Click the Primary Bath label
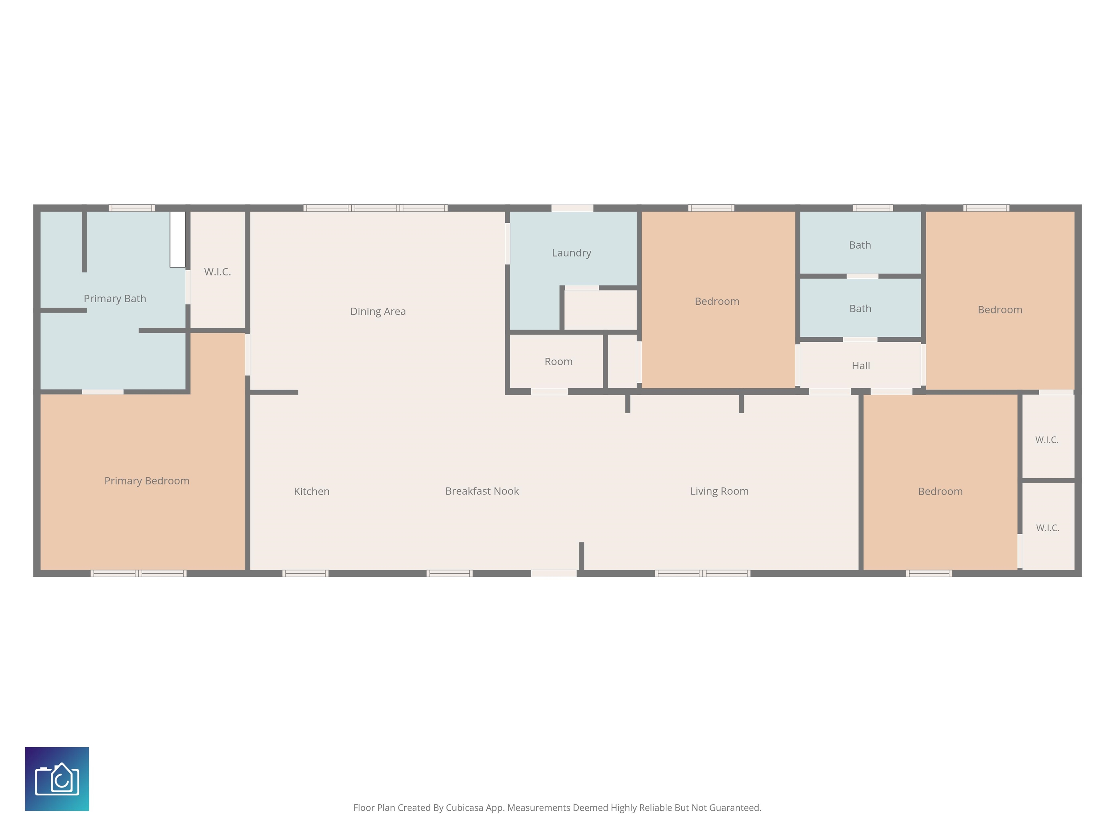tap(115, 298)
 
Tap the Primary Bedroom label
tap(147, 481)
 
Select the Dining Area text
tap(378, 311)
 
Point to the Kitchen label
tap(311, 491)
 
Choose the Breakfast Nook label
tap(482, 491)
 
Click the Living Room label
tap(719, 491)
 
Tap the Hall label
tap(861, 366)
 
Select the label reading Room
tap(559, 361)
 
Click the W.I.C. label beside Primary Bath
tap(217, 272)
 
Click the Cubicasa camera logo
tap(57, 779)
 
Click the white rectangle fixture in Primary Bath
tap(177, 239)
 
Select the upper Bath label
tap(860, 245)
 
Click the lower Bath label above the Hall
tap(861, 308)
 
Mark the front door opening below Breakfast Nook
tap(554, 573)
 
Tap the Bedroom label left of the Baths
tap(717, 301)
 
